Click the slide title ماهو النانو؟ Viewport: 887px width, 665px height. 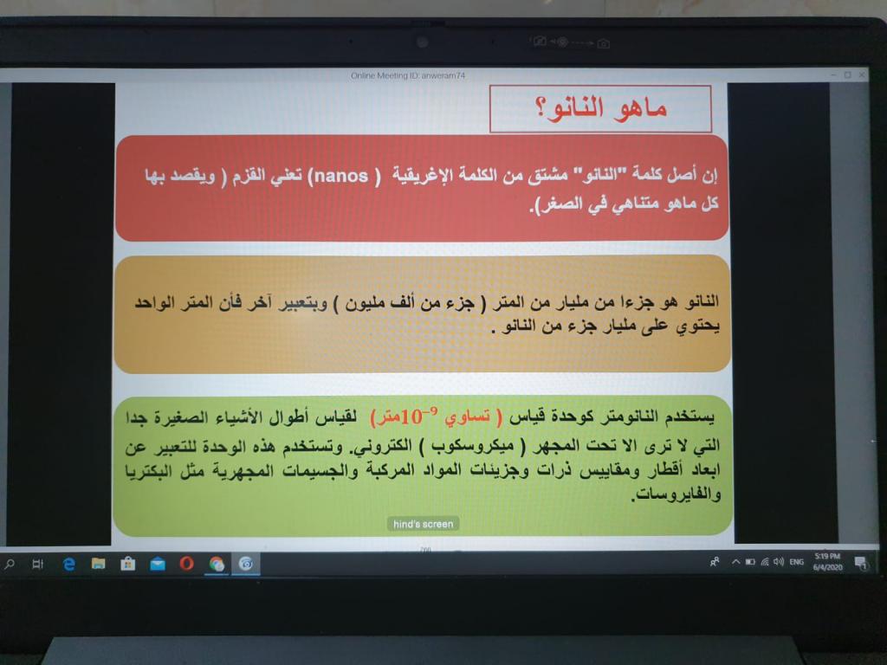click(x=601, y=108)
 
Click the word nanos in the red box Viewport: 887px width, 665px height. click(x=341, y=176)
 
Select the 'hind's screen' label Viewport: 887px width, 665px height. click(x=423, y=524)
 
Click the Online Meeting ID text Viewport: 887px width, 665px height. click(x=408, y=75)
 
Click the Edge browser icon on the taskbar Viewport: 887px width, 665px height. click(x=69, y=564)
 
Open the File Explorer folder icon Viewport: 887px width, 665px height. click(x=99, y=563)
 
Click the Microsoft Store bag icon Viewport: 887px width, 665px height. click(x=128, y=563)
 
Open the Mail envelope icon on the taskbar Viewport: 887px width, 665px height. click(x=158, y=564)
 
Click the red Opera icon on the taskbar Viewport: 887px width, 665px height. click(x=187, y=563)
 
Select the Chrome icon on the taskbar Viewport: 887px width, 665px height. click(x=217, y=564)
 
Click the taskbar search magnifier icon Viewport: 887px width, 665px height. click(x=9, y=563)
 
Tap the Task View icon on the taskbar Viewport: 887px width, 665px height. click(x=38, y=564)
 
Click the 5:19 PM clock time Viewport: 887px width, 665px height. click(x=827, y=557)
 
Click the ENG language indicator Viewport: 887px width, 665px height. click(x=797, y=561)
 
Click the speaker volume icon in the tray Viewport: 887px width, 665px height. click(x=779, y=561)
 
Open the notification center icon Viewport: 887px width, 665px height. click(x=860, y=563)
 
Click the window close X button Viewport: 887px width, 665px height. click(x=862, y=74)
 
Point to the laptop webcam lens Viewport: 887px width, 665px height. click(x=422, y=42)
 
